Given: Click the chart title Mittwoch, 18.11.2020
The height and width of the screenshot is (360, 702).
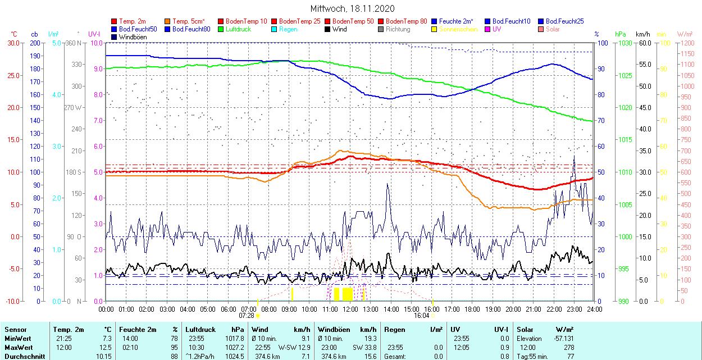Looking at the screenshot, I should coord(352,9).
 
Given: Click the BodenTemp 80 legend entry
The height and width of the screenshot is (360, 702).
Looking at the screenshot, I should coord(407,21).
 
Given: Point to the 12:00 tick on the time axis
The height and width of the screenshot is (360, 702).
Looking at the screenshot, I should coord(350,309).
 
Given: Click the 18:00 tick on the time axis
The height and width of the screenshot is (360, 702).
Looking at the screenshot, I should coord(472,309).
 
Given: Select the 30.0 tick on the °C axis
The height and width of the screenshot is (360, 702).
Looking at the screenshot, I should coord(12,43).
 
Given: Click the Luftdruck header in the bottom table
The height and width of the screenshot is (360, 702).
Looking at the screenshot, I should coord(200,330).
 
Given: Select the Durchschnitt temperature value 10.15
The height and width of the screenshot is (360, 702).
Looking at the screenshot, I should coord(104,357).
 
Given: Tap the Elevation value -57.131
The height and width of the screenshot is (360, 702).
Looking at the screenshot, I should coord(562,339).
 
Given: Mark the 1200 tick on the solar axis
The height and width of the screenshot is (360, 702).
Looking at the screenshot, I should coord(687,43).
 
